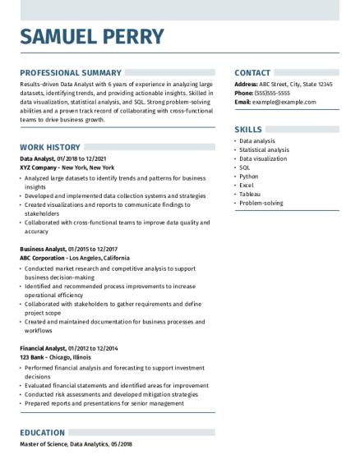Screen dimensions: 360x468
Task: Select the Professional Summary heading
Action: [x=71, y=72]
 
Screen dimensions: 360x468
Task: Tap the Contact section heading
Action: [x=253, y=72]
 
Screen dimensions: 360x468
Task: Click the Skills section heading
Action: [x=248, y=130]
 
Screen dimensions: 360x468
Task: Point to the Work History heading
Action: [x=50, y=147]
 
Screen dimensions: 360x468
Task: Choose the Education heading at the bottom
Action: [x=43, y=433]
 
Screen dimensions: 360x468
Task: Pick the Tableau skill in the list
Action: [x=250, y=194]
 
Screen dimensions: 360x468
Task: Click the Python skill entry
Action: [x=248, y=176]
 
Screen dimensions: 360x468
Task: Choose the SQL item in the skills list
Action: [x=244, y=167]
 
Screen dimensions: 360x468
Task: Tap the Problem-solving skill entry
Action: [x=261, y=203]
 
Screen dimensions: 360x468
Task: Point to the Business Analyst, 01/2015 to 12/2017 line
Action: [x=69, y=248]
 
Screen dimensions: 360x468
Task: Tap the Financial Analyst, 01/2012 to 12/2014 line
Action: [x=70, y=348]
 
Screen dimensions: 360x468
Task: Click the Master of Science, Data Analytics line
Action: [x=76, y=444]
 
